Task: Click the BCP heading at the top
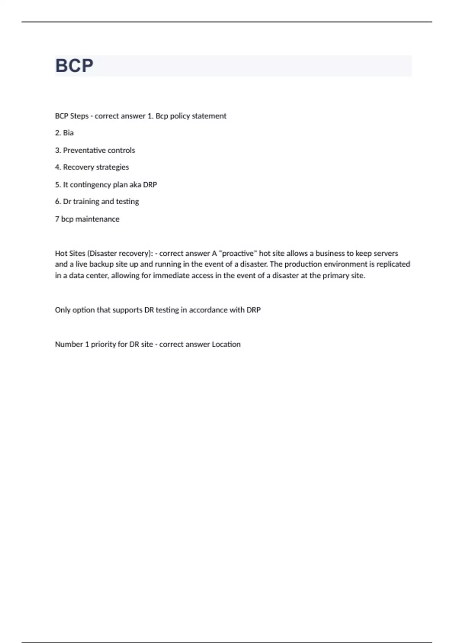tap(74, 66)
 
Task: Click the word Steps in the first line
tap(79, 116)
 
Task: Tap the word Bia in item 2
tap(68, 133)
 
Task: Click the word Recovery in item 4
tap(78, 167)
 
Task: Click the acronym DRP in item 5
tap(150, 185)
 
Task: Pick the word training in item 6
tap(86, 202)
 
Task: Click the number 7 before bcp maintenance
tap(57, 219)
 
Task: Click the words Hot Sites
tap(70, 253)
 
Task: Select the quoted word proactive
tap(238, 253)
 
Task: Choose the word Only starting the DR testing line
tap(63, 310)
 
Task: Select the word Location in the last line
tap(226, 345)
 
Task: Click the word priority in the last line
tap(103, 345)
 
